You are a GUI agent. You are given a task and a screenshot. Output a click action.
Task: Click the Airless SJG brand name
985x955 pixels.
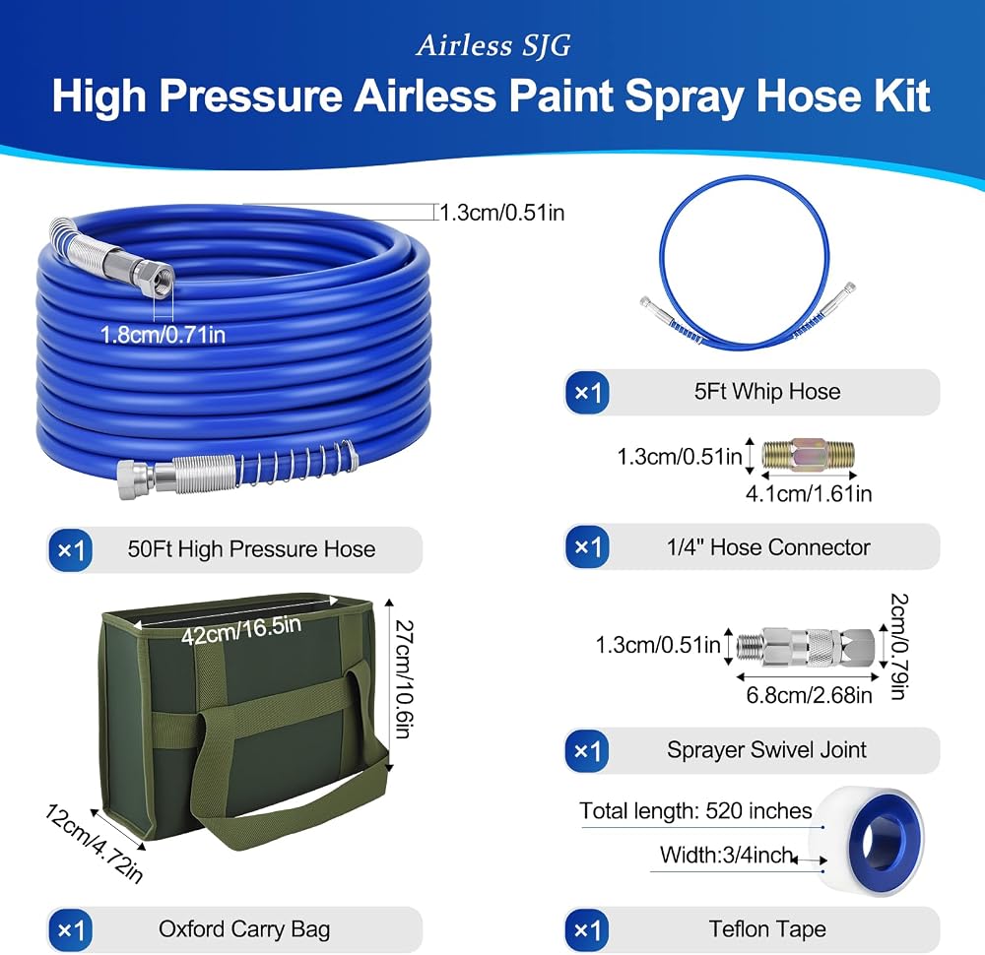(493, 46)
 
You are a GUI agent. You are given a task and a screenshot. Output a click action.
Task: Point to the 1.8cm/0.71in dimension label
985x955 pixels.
(163, 335)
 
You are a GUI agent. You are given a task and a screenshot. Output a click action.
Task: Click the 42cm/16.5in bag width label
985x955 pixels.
(241, 630)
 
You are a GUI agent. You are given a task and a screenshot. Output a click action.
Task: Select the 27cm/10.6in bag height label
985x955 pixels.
(403, 678)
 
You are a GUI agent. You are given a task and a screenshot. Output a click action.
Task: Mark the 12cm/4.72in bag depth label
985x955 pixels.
(94, 843)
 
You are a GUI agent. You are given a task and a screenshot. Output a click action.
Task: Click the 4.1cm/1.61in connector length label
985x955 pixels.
(809, 493)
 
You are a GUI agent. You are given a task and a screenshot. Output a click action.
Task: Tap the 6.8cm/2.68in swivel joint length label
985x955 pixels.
(809, 695)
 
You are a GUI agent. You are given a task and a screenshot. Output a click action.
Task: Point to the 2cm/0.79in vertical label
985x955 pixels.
(899, 646)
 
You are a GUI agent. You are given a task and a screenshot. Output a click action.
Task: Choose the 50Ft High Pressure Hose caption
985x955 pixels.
(251, 548)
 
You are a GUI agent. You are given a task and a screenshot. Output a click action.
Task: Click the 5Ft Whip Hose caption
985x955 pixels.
(767, 391)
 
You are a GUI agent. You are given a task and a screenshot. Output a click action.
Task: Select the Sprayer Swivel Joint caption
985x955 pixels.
(766, 749)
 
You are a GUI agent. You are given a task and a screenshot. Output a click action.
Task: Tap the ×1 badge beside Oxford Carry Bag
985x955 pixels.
(70, 929)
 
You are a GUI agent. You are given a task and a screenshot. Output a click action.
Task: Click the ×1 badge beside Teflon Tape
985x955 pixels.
(587, 929)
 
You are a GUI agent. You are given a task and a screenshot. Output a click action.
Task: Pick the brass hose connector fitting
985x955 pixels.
(808, 455)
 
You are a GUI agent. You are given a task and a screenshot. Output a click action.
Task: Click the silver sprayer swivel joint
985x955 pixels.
(806, 646)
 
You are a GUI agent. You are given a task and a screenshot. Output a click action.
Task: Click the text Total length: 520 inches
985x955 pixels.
(695, 810)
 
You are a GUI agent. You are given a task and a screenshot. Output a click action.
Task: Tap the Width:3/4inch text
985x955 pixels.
(726, 855)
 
